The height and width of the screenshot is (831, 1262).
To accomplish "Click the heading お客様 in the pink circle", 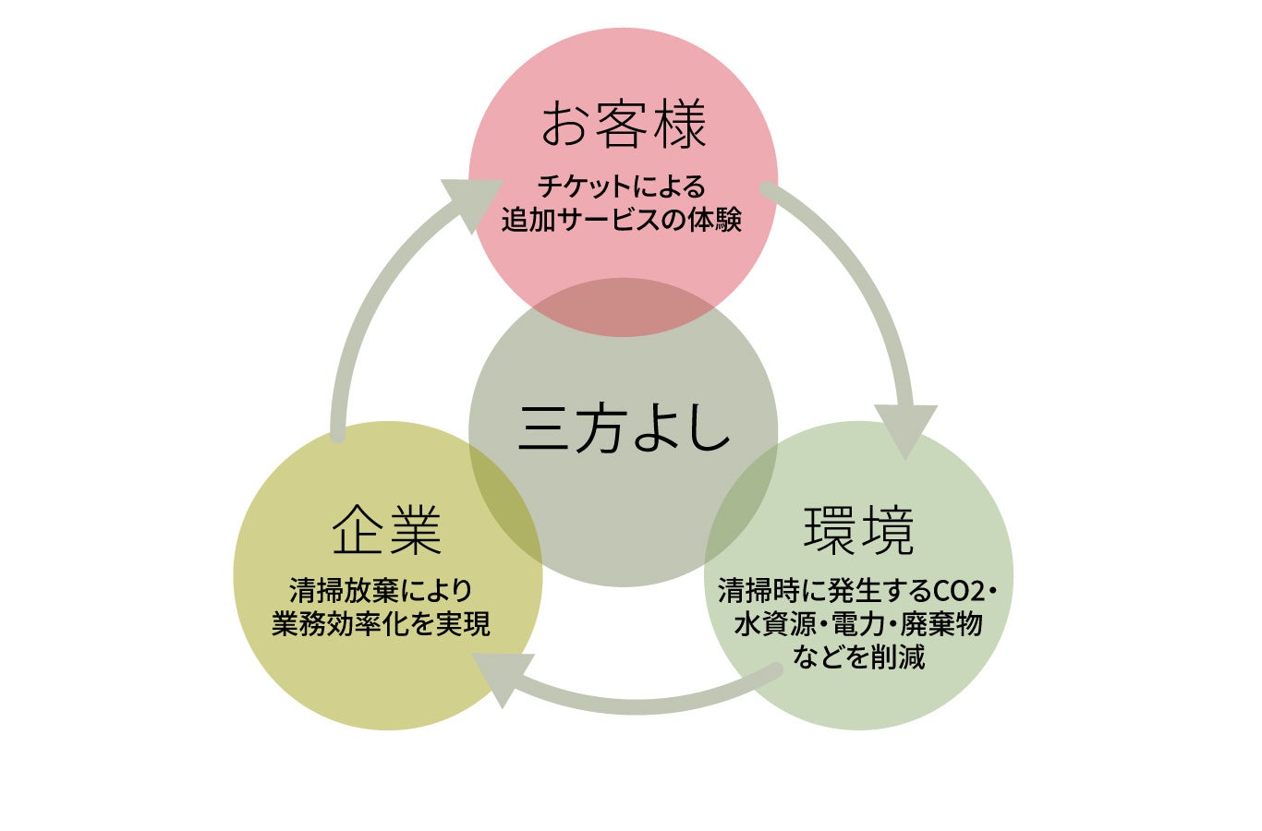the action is [624, 125].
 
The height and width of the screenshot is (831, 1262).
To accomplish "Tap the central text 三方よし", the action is [624, 430].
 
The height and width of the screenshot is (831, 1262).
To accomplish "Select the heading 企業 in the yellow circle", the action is [387, 531].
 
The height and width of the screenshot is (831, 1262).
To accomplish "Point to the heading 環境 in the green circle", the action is [859, 531].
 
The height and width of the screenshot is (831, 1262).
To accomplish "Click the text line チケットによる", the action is [622, 187].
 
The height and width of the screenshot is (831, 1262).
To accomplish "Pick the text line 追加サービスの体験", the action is [622, 220].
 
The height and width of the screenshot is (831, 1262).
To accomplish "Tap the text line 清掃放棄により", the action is [381, 589].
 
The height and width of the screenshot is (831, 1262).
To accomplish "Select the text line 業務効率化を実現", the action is [381, 623].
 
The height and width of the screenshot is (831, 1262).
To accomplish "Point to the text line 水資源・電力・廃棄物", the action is [858, 623].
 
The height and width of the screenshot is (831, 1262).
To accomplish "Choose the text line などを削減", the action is [858, 656].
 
